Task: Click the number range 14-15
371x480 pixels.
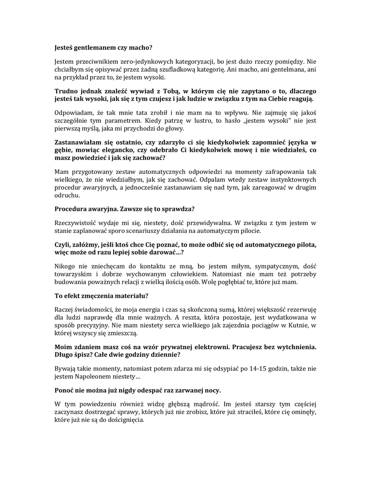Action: pos(242,368)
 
